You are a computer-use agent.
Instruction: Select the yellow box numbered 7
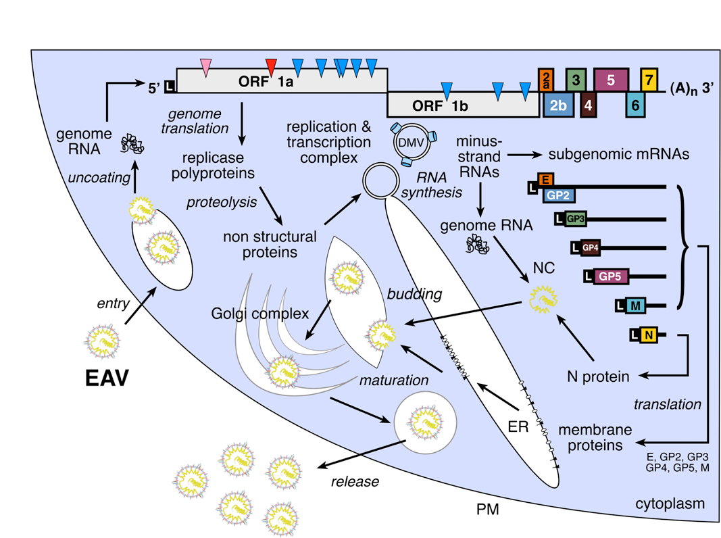649,80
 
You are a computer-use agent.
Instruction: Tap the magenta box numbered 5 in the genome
611,80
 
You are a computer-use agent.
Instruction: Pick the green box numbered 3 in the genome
575,80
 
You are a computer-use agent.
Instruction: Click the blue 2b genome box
557,105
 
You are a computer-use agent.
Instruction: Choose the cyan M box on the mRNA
635,305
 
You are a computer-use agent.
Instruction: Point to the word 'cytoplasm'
670,504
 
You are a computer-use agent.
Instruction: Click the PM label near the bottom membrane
487,509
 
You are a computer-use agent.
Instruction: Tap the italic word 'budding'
415,295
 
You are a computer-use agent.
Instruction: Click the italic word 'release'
355,482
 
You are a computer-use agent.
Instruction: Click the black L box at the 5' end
170,87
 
